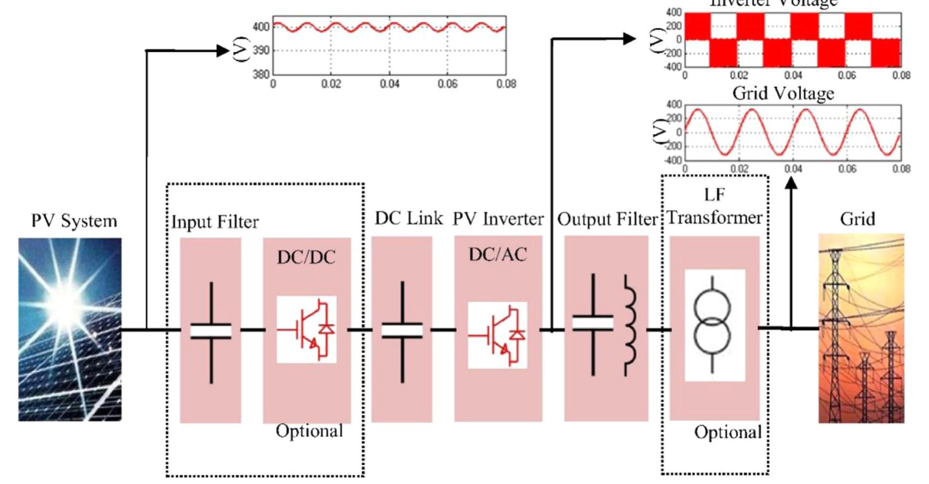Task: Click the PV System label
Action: (74, 221)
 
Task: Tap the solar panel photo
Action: (70, 329)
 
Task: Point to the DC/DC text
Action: (306, 257)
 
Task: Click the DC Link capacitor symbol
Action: (402, 331)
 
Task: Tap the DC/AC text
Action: (498, 255)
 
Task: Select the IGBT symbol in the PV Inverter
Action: (498, 335)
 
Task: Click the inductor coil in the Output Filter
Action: (630, 326)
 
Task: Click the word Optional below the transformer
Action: (728, 432)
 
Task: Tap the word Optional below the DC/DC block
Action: (309, 431)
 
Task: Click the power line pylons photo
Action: (861, 329)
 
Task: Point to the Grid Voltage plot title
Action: (783, 93)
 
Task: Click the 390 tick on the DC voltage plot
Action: (261, 50)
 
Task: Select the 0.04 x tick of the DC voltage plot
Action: (390, 84)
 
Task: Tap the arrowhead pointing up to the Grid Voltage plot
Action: (791, 183)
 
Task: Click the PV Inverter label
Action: (498, 219)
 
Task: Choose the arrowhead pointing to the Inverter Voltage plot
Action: (630, 38)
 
